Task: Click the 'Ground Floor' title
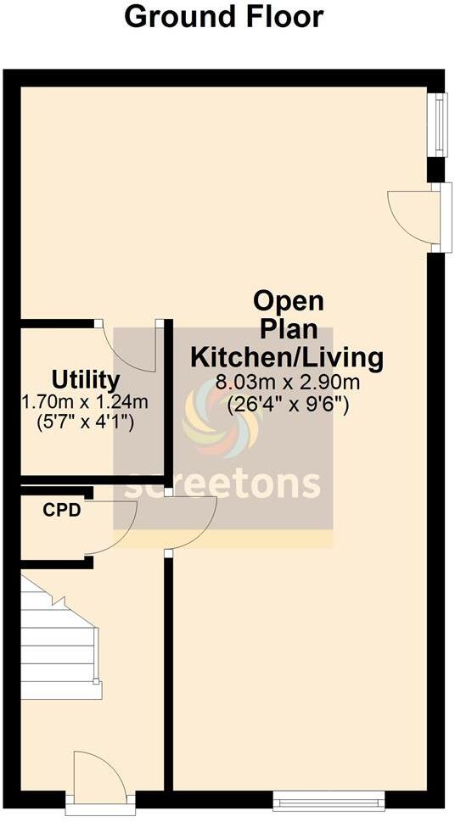point(224,17)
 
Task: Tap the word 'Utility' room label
point(86,378)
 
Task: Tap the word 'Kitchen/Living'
point(288,356)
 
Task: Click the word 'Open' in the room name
point(289,301)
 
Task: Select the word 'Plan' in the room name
point(289,329)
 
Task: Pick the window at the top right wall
point(439,125)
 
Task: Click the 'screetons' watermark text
point(223,484)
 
